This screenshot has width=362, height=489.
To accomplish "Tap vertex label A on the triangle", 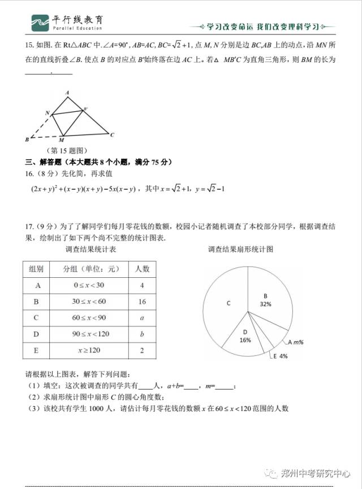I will pyautogui.click(x=67, y=92).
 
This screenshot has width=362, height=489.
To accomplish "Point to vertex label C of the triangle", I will pyautogui.click(x=113, y=134).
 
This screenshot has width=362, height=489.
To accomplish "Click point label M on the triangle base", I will pyautogui.click(x=61, y=140).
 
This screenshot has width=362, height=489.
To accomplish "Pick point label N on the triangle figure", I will pyautogui.click(x=47, y=112).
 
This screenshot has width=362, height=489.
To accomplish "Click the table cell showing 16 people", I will pyautogui.click(x=142, y=302).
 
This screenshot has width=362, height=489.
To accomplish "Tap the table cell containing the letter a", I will pyautogui.click(x=142, y=318).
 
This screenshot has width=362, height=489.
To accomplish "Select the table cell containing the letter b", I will pyautogui.click(x=142, y=334).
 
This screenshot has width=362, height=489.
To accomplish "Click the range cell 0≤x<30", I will pyautogui.click(x=89, y=285).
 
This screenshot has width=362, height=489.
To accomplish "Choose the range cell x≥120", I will pyautogui.click(x=89, y=351).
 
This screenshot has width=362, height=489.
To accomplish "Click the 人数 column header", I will pyautogui.click(x=142, y=269).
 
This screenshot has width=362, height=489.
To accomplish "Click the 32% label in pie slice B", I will pyautogui.click(x=265, y=304).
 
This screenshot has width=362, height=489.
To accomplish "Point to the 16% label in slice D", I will pyautogui.click(x=245, y=340).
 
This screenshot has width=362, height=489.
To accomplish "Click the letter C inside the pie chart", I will pyautogui.click(x=229, y=303).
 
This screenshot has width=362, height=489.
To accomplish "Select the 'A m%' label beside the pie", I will pyautogui.click(x=296, y=342).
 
